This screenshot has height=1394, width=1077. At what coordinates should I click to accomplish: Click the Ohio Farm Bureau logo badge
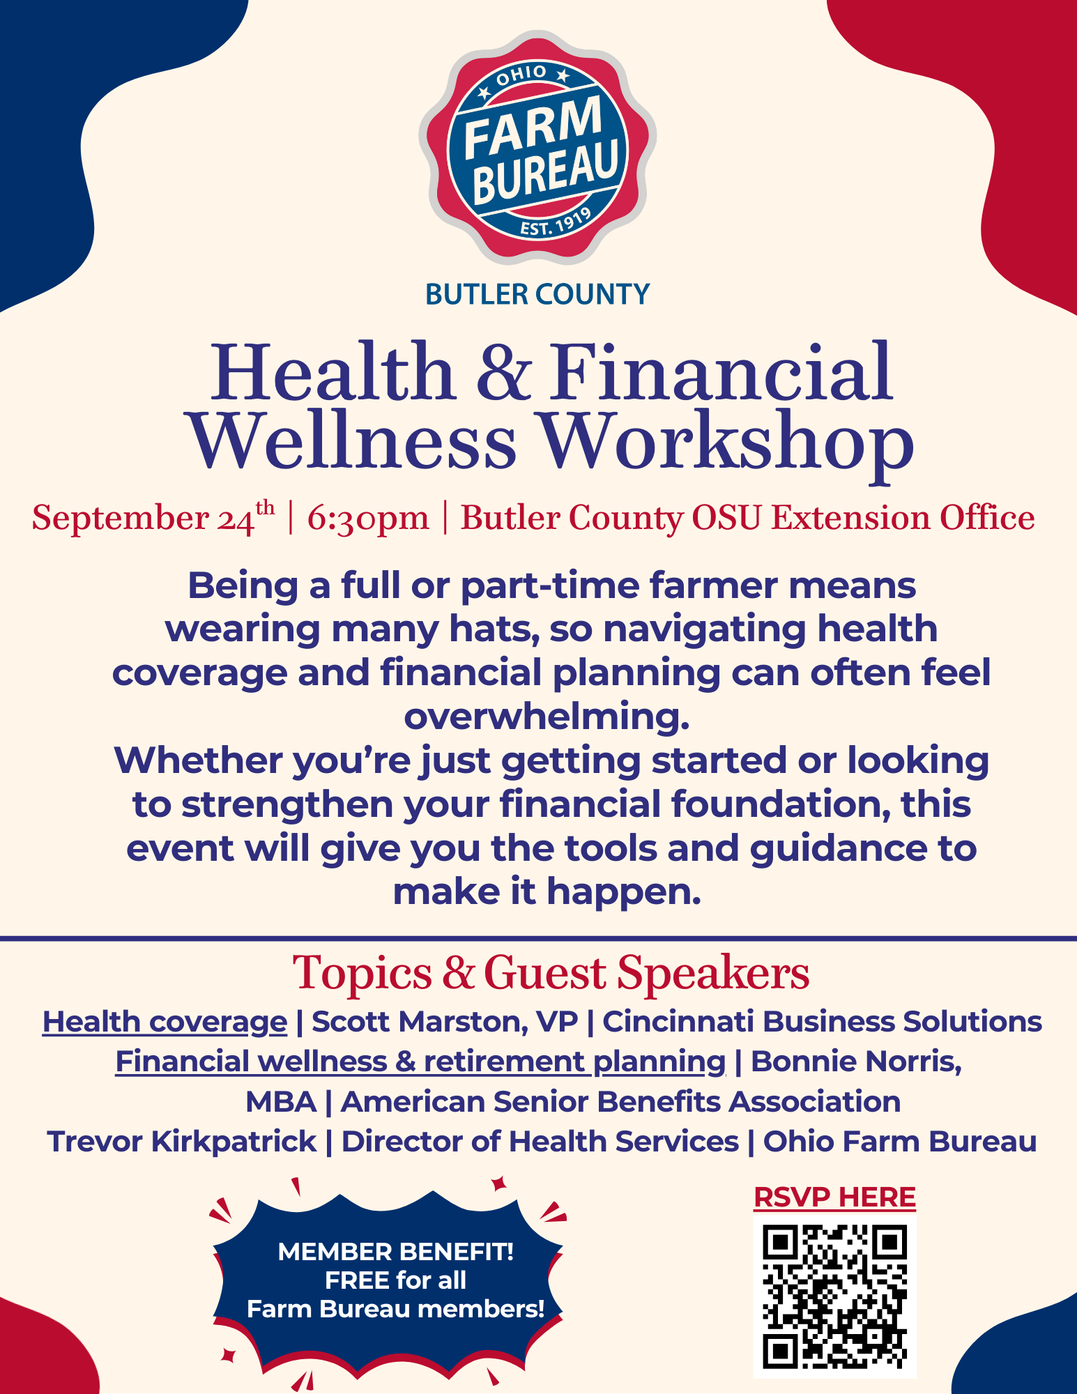pos(537,147)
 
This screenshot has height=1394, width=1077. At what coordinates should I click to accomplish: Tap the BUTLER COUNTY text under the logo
pos(537,294)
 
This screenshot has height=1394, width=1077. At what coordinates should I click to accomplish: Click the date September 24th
pos(153,518)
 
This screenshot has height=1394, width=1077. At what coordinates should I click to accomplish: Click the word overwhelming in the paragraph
pos(547,717)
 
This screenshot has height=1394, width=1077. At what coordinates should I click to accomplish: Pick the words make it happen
pos(547,891)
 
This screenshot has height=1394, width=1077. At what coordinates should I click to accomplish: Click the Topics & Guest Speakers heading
pos(551,973)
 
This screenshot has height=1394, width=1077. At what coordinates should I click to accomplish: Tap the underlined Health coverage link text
pos(165,1022)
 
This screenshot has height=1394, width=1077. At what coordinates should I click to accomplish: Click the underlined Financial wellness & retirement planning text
pos(420,1062)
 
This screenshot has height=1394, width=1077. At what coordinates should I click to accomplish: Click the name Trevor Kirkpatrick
pos(182,1142)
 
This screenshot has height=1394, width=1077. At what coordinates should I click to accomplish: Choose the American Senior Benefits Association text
pos(620,1102)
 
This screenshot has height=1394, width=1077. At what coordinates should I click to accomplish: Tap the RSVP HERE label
pos(834,1197)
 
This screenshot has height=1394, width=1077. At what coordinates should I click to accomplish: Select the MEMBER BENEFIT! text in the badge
pos(396,1252)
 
